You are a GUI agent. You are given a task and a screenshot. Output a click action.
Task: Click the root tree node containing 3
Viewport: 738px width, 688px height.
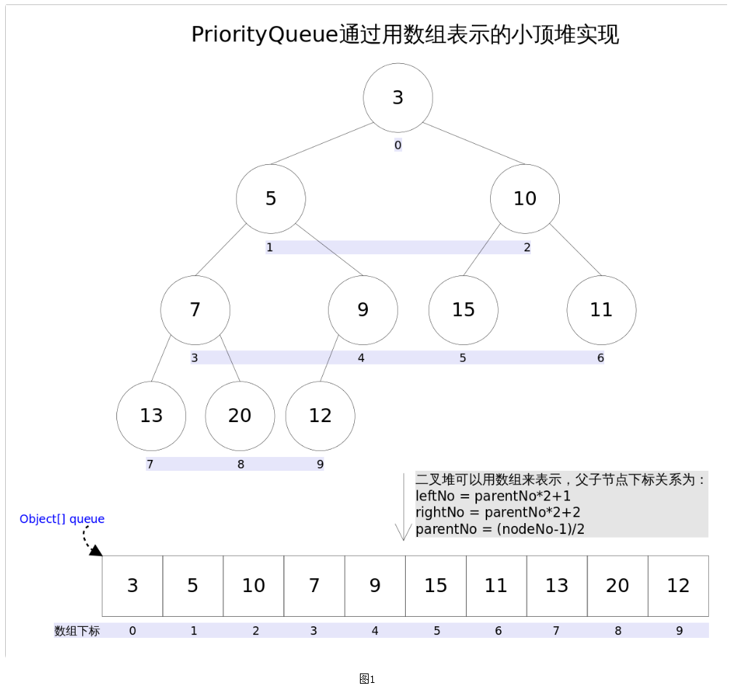pos(398,97)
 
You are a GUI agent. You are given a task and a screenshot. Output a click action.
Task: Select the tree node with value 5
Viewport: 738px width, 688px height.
pos(271,198)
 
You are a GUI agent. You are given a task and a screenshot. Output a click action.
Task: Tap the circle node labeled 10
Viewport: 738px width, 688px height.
pos(525,198)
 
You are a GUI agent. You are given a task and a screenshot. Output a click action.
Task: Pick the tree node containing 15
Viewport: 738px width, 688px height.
pos(463,310)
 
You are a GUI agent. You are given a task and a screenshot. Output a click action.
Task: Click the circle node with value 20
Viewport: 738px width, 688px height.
pos(240,416)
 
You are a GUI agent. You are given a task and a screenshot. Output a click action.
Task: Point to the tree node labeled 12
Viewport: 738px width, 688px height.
pos(320,416)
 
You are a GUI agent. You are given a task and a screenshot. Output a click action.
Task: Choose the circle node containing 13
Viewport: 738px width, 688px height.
pos(151,416)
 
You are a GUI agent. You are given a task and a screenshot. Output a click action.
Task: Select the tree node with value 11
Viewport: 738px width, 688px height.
pos(601,310)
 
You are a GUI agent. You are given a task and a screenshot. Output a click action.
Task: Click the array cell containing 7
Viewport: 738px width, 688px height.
pos(314,586)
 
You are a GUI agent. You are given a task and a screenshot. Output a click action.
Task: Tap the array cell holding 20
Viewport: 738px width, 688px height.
pos(617,586)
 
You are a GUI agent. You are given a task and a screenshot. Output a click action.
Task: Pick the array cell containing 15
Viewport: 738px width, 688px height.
pos(436,586)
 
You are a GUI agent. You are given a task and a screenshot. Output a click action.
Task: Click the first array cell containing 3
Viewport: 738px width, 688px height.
pos(132,586)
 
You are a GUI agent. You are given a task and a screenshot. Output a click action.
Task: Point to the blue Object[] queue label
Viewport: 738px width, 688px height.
pos(62,519)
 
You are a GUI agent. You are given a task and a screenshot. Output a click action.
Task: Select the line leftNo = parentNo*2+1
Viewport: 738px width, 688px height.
pos(493,496)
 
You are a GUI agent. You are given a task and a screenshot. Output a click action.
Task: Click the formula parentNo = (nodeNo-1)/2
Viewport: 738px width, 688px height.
pos(500,529)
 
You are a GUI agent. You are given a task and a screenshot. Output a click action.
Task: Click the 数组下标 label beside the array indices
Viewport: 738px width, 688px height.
pos(77,631)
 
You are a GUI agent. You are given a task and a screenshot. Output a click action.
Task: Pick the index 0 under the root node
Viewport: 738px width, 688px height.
pos(398,145)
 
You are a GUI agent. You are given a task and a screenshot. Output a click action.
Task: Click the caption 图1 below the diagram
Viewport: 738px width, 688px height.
pos(367,679)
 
